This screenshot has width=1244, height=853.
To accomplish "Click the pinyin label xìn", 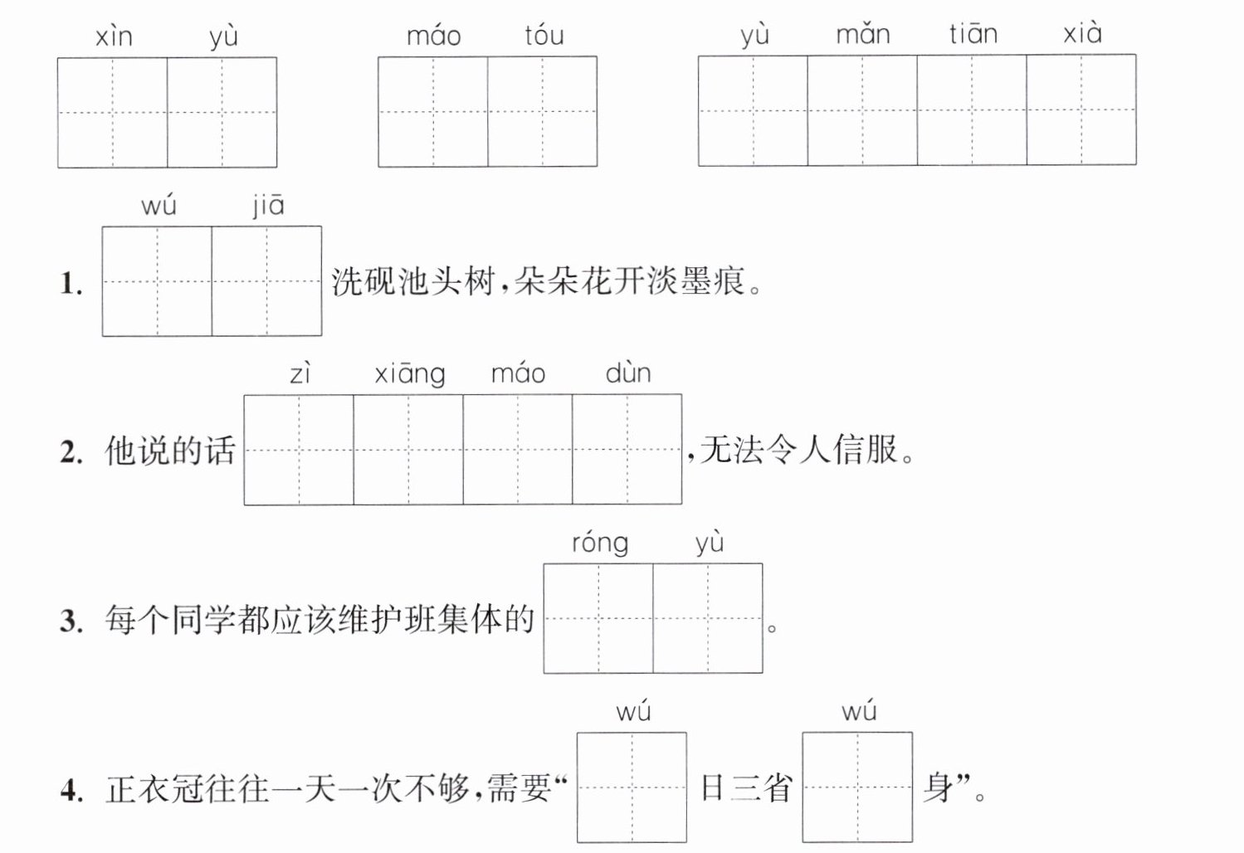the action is (114, 37).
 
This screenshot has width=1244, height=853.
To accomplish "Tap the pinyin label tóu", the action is (544, 36).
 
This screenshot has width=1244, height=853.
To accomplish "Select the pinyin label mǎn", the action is (863, 34).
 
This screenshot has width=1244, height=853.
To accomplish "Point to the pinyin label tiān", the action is (973, 34).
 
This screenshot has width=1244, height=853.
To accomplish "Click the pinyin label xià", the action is (1082, 32).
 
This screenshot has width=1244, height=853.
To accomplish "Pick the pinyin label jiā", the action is (268, 206).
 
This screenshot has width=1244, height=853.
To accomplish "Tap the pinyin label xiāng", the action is (410, 373).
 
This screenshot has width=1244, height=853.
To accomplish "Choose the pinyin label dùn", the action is (628, 373).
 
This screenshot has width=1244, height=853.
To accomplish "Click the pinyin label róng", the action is (600, 543).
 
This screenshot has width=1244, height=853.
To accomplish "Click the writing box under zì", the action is (299, 450).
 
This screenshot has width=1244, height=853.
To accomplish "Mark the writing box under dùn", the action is (627, 449).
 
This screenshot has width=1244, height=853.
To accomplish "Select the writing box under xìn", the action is (113, 112).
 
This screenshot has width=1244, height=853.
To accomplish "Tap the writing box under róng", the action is (598, 618).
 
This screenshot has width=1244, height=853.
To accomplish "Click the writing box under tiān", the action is (972, 110).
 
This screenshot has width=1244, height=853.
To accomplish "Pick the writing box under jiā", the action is (266, 281).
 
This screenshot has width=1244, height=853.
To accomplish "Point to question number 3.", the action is (71, 621).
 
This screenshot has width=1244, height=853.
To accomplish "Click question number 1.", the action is (71, 283).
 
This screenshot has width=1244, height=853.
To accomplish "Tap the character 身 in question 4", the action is (939, 787).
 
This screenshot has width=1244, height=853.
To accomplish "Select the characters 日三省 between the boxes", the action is (745, 787).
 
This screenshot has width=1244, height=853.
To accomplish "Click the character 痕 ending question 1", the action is (729, 281).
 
